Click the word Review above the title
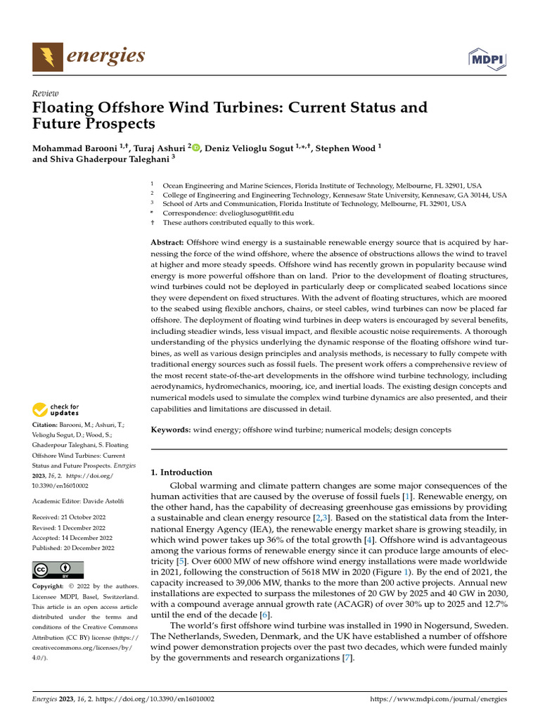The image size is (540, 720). [46, 94]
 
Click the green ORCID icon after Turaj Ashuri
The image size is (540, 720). [196, 148]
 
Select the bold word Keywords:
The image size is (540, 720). [171, 429]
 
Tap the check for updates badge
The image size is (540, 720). [56, 409]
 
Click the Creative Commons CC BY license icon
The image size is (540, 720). [58, 569]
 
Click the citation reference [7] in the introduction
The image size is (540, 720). [347, 658]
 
